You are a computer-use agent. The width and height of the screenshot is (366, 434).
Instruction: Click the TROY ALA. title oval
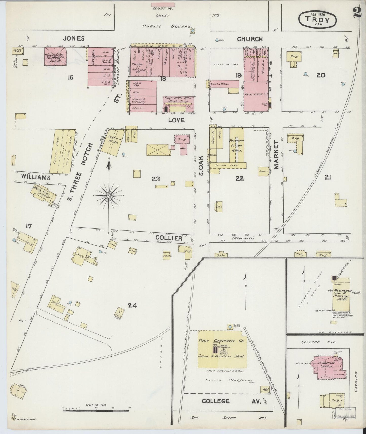[318, 19]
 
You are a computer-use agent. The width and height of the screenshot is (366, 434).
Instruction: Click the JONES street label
[74, 38]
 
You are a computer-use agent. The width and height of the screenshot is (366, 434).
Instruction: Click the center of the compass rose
[109, 196]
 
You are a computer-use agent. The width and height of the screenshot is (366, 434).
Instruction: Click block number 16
[70, 77]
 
